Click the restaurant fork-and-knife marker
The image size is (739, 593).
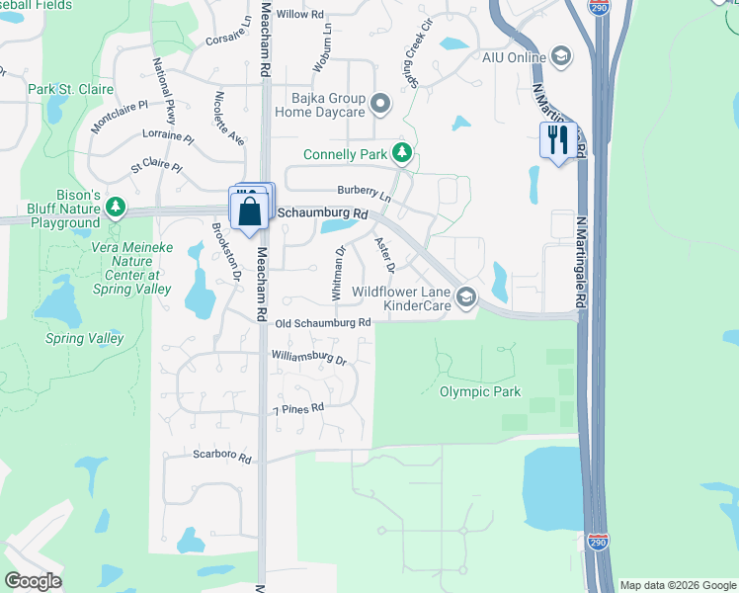coord(558,140)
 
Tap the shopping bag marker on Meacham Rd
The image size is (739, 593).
coord(250,210)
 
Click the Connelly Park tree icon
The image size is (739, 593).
coord(401,152)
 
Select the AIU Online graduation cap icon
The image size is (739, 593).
coord(562,55)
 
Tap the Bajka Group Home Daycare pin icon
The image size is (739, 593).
coord(378,102)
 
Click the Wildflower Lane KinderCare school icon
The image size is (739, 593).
coord(465,296)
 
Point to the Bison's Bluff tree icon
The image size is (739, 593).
coord(117,207)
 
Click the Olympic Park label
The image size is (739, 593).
coord(479,391)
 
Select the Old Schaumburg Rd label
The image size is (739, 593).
coord(323,323)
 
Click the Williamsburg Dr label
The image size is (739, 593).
coord(310,357)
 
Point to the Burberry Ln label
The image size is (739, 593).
coord(364,193)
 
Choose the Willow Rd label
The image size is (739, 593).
coord(300,15)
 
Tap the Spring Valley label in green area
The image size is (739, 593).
coord(85,338)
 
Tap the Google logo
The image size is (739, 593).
coord(33,581)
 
